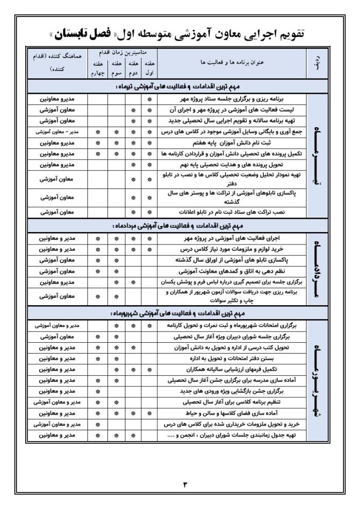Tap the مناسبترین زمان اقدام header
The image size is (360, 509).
(123, 53)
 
